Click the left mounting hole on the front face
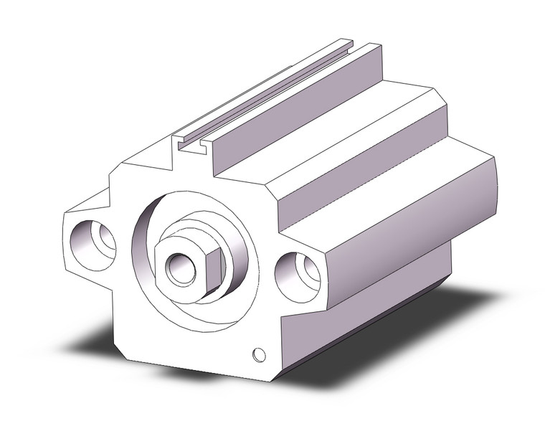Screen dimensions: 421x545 click(94, 242)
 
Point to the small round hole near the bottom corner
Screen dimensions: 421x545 click(259, 354)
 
